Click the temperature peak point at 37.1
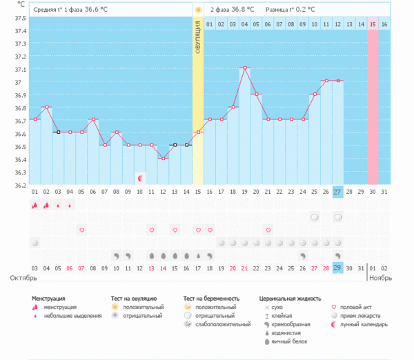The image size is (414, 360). [x=244, y=68]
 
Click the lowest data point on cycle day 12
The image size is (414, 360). [x=163, y=159]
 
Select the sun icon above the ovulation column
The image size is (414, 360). [x=198, y=10]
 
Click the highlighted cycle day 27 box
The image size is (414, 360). [x=337, y=191]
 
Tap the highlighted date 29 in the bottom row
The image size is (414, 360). [x=337, y=268]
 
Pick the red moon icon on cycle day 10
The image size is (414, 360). [x=140, y=178]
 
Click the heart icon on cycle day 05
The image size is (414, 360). [x=81, y=230]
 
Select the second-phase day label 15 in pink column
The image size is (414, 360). [x=373, y=24]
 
